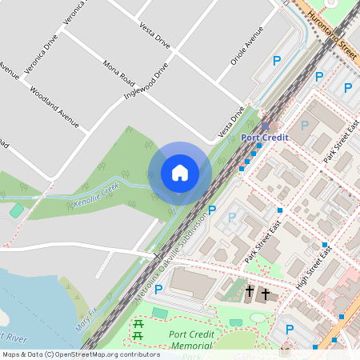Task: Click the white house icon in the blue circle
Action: (180, 173)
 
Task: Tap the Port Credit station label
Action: (265, 138)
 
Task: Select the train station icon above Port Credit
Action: (266, 126)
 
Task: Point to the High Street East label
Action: (314, 267)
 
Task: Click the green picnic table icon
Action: (138, 330)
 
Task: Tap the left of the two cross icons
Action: (250, 292)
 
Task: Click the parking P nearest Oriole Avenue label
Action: (277, 60)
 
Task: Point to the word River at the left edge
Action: (14, 334)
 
